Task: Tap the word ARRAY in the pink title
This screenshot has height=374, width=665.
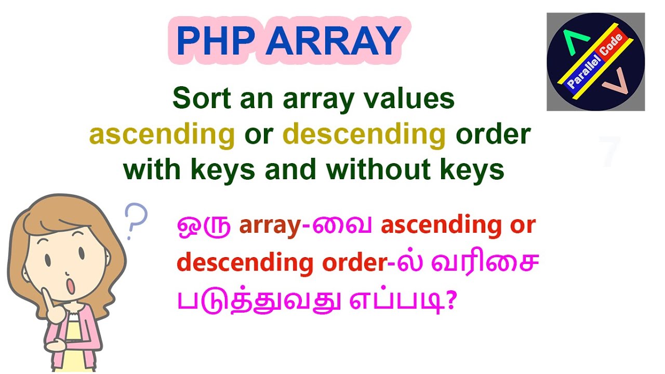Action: [333, 41]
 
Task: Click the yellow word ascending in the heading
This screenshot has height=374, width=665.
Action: [162, 135]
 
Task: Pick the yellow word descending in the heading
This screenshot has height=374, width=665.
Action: [364, 135]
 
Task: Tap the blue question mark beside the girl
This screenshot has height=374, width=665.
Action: [137, 218]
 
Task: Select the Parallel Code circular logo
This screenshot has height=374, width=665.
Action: [595, 62]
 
